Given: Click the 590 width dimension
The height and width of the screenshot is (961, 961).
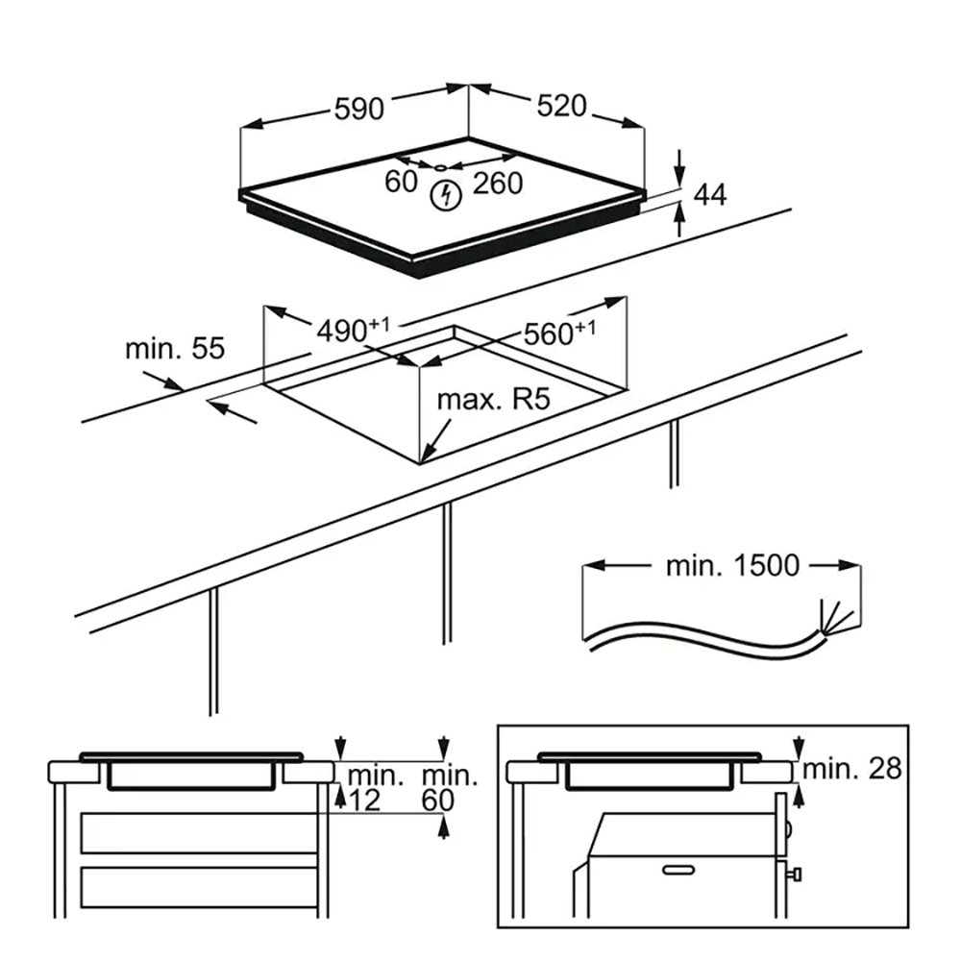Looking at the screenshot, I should pyautogui.click(x=359, y=110).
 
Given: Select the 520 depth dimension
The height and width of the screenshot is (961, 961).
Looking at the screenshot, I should pyautogui.click(x=561, y=107).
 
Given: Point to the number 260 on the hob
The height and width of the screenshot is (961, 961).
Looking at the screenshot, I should pyautogui.click(x=498, y=183).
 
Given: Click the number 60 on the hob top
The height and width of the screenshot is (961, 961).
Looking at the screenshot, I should pyautogui.click(x=401, y=181).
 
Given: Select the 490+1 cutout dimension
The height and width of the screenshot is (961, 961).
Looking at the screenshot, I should pyautogui.click(x=353, y=329).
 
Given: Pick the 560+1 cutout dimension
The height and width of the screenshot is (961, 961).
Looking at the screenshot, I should pyautogui.click(x=559, y=333).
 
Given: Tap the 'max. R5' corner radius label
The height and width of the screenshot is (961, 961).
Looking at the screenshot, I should pyautogui.click(x=493, y=400).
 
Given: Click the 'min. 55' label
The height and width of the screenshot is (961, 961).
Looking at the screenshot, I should pyautogui.click(x=175, y=348).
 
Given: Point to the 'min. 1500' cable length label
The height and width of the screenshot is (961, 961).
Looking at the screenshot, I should pyautogui.click(x=732, y=565).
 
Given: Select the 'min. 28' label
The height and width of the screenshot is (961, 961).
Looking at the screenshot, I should pyautogui.click(x=852, y=769).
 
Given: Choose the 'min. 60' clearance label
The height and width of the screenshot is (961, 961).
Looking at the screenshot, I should pyautogui.click(x=450, y=787).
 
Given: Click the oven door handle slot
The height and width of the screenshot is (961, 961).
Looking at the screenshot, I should pyautogui.click(x=678, y=869).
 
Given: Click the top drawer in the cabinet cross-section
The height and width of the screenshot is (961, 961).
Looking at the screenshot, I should pyautogui.click(x=199, y=831).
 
